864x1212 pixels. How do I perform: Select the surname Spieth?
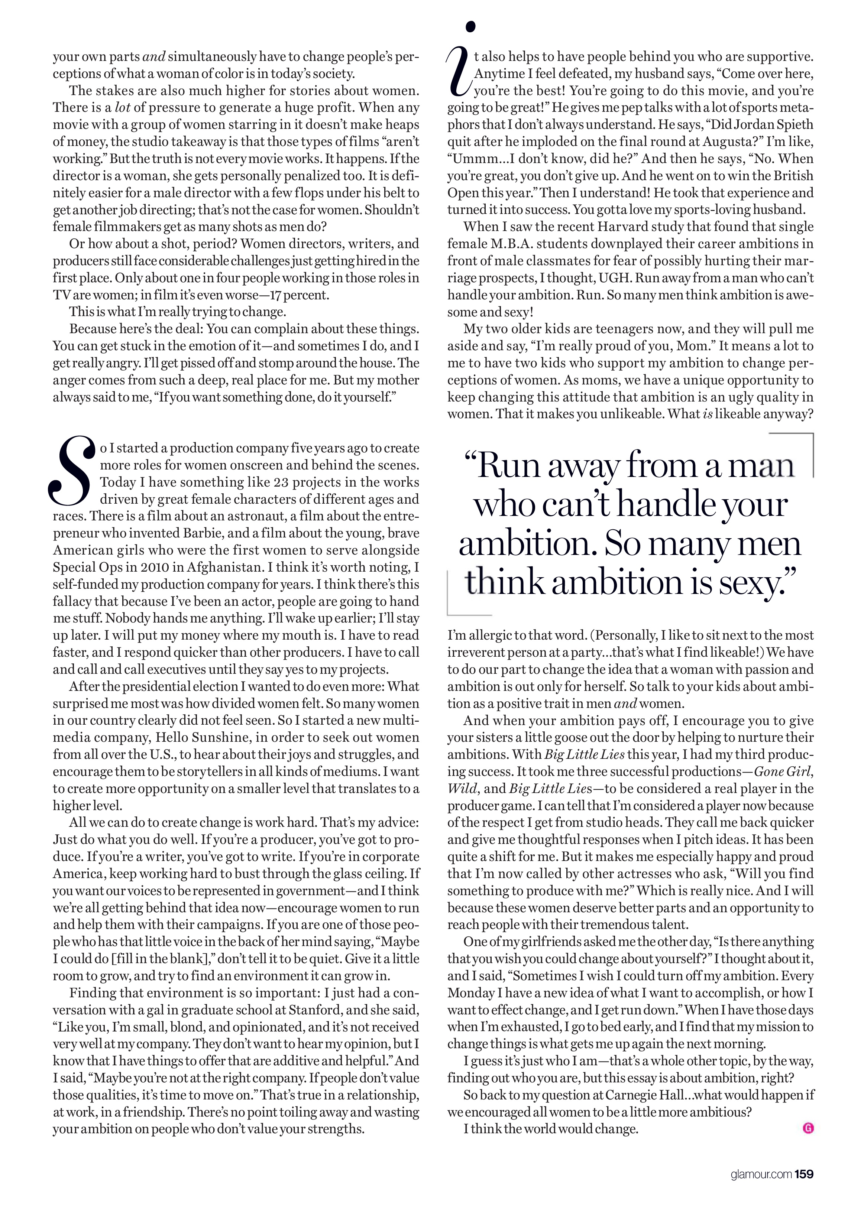point(793,124)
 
